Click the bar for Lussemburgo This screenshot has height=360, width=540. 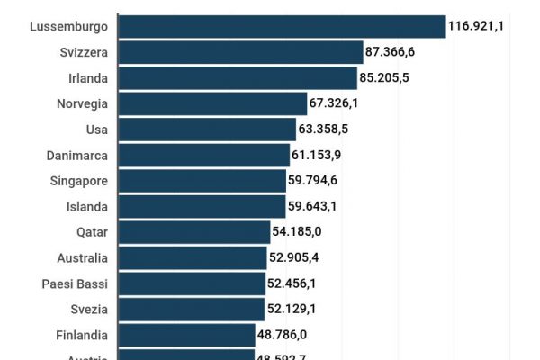coord(282,26)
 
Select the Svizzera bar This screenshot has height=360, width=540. coord(240,52)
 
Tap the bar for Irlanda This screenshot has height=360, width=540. coord(238,77)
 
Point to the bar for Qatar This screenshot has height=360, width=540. coord(193,232)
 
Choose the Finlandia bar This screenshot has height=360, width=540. coord(186,335)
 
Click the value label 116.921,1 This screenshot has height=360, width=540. coord(475,26)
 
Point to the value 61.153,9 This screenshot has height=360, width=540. coord(316,155)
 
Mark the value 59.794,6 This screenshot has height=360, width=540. coord(312,181)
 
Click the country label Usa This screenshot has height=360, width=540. coord(96,130)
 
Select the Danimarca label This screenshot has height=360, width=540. coord(77,155)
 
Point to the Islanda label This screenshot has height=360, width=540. coord(87,206)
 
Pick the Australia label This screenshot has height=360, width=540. coord(81,258)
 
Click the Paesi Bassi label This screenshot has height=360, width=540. coord(75,283)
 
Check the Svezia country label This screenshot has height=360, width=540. coord(89,310)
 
